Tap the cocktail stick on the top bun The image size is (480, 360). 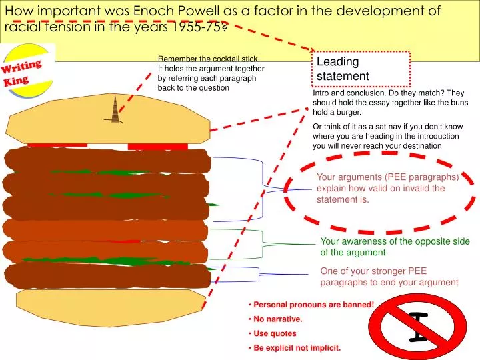tap(115, 109)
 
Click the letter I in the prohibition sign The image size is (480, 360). tap(419, 328)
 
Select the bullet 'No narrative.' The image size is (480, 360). tap(278, 319)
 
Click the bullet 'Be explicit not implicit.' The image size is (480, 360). tap(297, 348)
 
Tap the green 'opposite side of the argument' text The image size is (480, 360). tap(395, 247)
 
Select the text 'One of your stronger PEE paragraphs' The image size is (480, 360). tap(389, 277)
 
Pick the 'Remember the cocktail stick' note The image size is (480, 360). tap(211, 73)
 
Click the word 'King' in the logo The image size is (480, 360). tap(17, 81)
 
